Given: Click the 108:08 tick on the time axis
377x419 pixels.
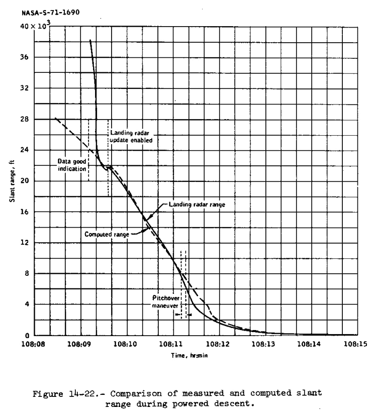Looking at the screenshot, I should click(34, 344).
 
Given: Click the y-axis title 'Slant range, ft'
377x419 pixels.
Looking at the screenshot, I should click(12, 180).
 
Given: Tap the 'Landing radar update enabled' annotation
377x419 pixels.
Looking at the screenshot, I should click(131, 137).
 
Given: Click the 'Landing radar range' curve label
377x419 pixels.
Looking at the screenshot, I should click(192, 204).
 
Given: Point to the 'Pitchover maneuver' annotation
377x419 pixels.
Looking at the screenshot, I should click(165, 301).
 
